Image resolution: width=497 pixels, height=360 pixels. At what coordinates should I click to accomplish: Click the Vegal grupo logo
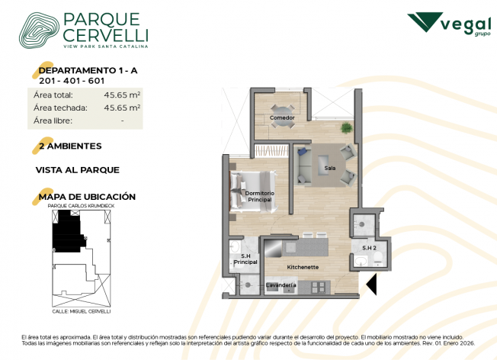449,24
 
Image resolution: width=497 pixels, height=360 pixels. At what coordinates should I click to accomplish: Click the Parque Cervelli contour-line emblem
39,31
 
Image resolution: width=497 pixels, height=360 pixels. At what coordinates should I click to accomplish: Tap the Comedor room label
282,117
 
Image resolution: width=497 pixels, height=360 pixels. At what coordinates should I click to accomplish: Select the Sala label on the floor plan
329,168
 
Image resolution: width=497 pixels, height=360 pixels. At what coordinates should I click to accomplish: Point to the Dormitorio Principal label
260,196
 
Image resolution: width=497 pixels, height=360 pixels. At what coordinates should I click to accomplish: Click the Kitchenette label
303,267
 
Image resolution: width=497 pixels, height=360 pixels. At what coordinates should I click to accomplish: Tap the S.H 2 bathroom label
369,248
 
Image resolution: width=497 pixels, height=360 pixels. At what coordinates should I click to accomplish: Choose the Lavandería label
281,285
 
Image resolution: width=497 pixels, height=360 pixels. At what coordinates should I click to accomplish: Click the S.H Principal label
245,259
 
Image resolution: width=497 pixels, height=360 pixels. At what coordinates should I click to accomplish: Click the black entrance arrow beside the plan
373,284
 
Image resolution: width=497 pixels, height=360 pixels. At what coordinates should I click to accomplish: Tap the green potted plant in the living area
346,128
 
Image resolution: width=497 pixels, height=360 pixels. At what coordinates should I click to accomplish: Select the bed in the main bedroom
253,191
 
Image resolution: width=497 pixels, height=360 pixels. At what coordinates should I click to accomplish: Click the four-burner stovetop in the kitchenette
319,287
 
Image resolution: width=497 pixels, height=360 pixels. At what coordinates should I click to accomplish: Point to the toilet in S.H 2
377,259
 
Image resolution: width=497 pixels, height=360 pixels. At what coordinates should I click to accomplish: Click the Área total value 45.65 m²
122,95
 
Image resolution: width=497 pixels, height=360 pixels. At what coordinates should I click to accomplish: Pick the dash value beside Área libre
123,121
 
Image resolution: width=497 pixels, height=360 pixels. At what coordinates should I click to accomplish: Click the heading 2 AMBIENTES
70,146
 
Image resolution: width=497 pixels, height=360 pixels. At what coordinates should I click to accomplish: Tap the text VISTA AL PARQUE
78,170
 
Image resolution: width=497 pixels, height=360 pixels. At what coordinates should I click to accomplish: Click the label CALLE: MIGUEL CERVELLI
82,311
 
